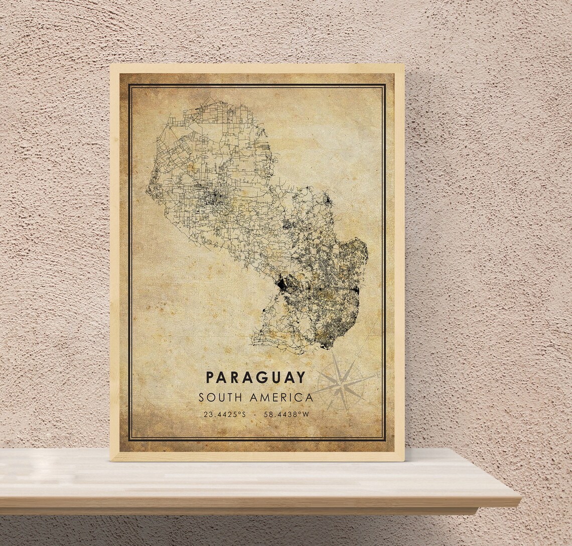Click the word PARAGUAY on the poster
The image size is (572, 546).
pos(255,377)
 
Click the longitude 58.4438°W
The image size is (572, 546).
pos(288,415)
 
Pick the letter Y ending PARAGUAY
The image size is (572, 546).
pos(301,377)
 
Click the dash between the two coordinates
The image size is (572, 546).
pos(256,415)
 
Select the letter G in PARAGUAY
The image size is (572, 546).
pos(261,377)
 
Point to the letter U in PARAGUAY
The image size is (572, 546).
pos(275,377)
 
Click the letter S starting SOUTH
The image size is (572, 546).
pos(202,397)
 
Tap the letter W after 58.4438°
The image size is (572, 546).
pos(306,415)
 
